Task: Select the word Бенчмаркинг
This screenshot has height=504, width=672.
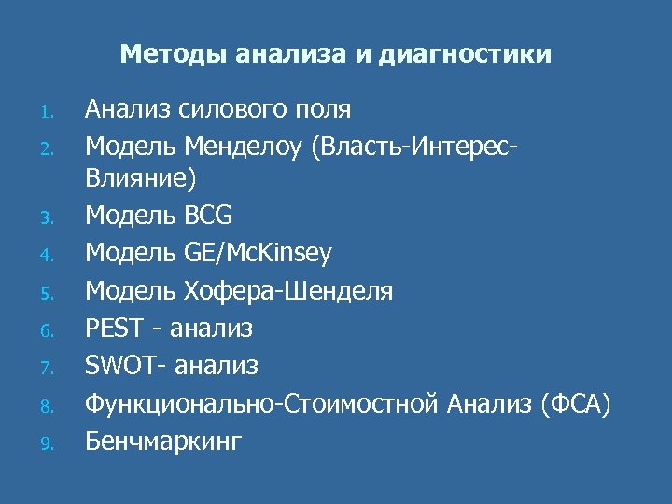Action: coord(162,440)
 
